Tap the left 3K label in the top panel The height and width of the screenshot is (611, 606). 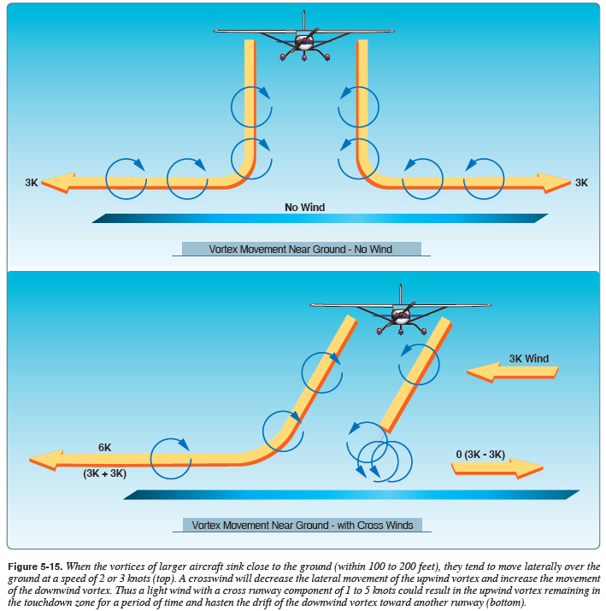(31, 183)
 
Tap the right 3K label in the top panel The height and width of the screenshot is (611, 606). (581, 183)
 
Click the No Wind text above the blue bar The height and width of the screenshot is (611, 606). (305, 207)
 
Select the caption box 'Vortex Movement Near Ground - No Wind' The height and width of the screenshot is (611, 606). (301, 250)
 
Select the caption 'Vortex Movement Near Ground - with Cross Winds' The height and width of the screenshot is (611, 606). (302, 525)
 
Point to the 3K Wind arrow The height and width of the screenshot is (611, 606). (513, 370)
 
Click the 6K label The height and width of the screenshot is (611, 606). (104, 447)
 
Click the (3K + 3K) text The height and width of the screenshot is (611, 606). (104, 473)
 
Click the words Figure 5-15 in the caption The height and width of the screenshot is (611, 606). (38, 567)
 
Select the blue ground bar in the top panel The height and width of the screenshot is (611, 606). (319, 219)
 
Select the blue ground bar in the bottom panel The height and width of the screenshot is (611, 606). (350, 495)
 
